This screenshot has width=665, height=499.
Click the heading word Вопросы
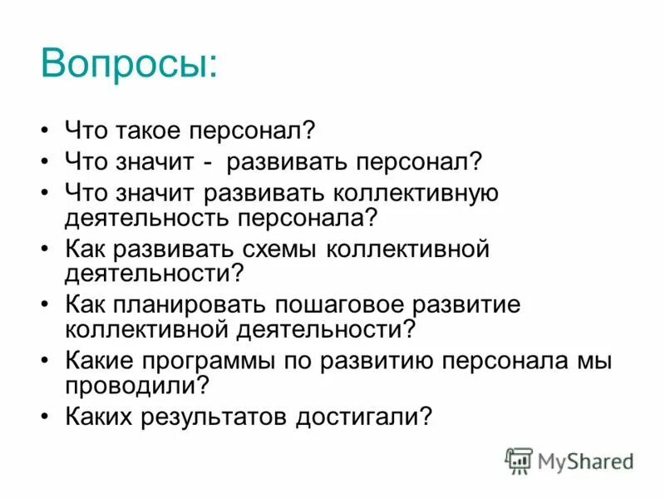point(129,63)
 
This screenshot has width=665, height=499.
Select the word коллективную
point(415,194)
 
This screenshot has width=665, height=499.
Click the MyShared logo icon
point(519,461)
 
